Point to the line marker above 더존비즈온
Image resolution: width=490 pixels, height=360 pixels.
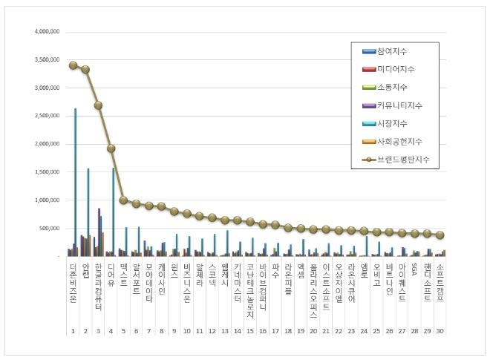tap(73, 65)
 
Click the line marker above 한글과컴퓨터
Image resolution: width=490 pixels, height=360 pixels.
tap(98, 105)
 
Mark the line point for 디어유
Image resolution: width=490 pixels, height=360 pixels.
tap(111, 148)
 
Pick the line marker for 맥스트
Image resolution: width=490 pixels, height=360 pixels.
tap(124, 200)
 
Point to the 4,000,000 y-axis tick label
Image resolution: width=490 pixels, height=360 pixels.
tap(47, 32)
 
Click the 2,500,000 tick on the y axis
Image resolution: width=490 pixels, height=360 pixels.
tap(47, 116)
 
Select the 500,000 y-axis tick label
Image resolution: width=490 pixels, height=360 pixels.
tap(50, 228)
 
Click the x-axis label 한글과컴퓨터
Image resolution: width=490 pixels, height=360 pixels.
tap(99, 286)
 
